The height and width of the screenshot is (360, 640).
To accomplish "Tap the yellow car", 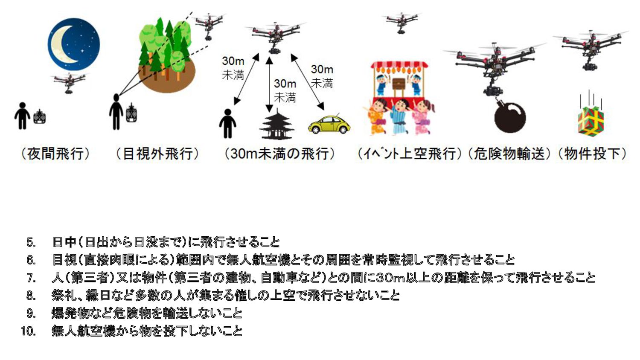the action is pyautogui.click(x=329, y=124).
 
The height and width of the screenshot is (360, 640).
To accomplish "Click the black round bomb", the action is pyautogui.click(x=509, y=116).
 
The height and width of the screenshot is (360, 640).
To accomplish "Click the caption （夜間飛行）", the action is pyautogui.click(x=55, y=154).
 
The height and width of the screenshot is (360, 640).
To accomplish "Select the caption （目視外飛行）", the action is pyautogui.click(x=157, y=154).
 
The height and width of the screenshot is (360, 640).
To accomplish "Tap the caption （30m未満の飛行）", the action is pyautogui.click(x=279, y=154).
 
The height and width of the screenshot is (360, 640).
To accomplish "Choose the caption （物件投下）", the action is pyautogui.click(x=593, y=154).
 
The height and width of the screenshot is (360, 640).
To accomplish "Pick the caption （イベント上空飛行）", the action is pyautogui.click(x=410, y=154).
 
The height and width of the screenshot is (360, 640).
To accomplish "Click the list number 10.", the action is pyautogui.click(x=28, y=331).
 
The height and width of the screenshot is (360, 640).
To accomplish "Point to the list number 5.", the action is pyautogui.click(x=31, y=242).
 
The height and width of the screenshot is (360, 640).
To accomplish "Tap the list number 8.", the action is pyautogui.click(x=31, y=295).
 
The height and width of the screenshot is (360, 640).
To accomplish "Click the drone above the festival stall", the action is pyautogui.click(x=401, y=21).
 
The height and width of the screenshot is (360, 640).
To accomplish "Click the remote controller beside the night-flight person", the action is pyautogui.click(x=40, y=116).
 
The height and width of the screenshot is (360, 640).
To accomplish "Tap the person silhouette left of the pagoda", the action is pyautogui.click(x=227, y=123).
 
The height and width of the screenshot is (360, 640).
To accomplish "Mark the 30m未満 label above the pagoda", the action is pyautogui.click(x=285, y=90).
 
